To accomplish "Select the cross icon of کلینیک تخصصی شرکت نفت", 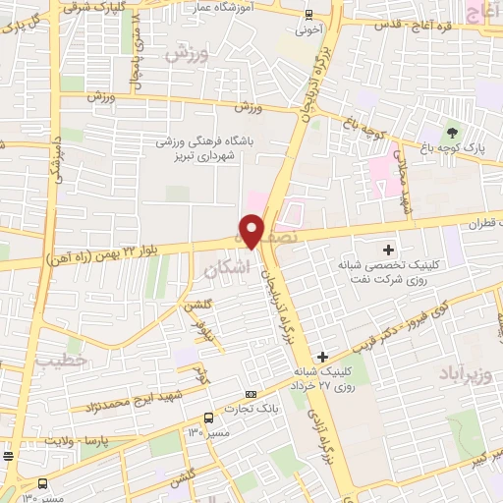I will [389, 251].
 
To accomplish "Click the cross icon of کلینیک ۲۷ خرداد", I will [323, 356].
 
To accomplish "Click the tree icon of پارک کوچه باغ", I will [452, 133].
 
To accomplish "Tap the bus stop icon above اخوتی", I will [309, 15].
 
